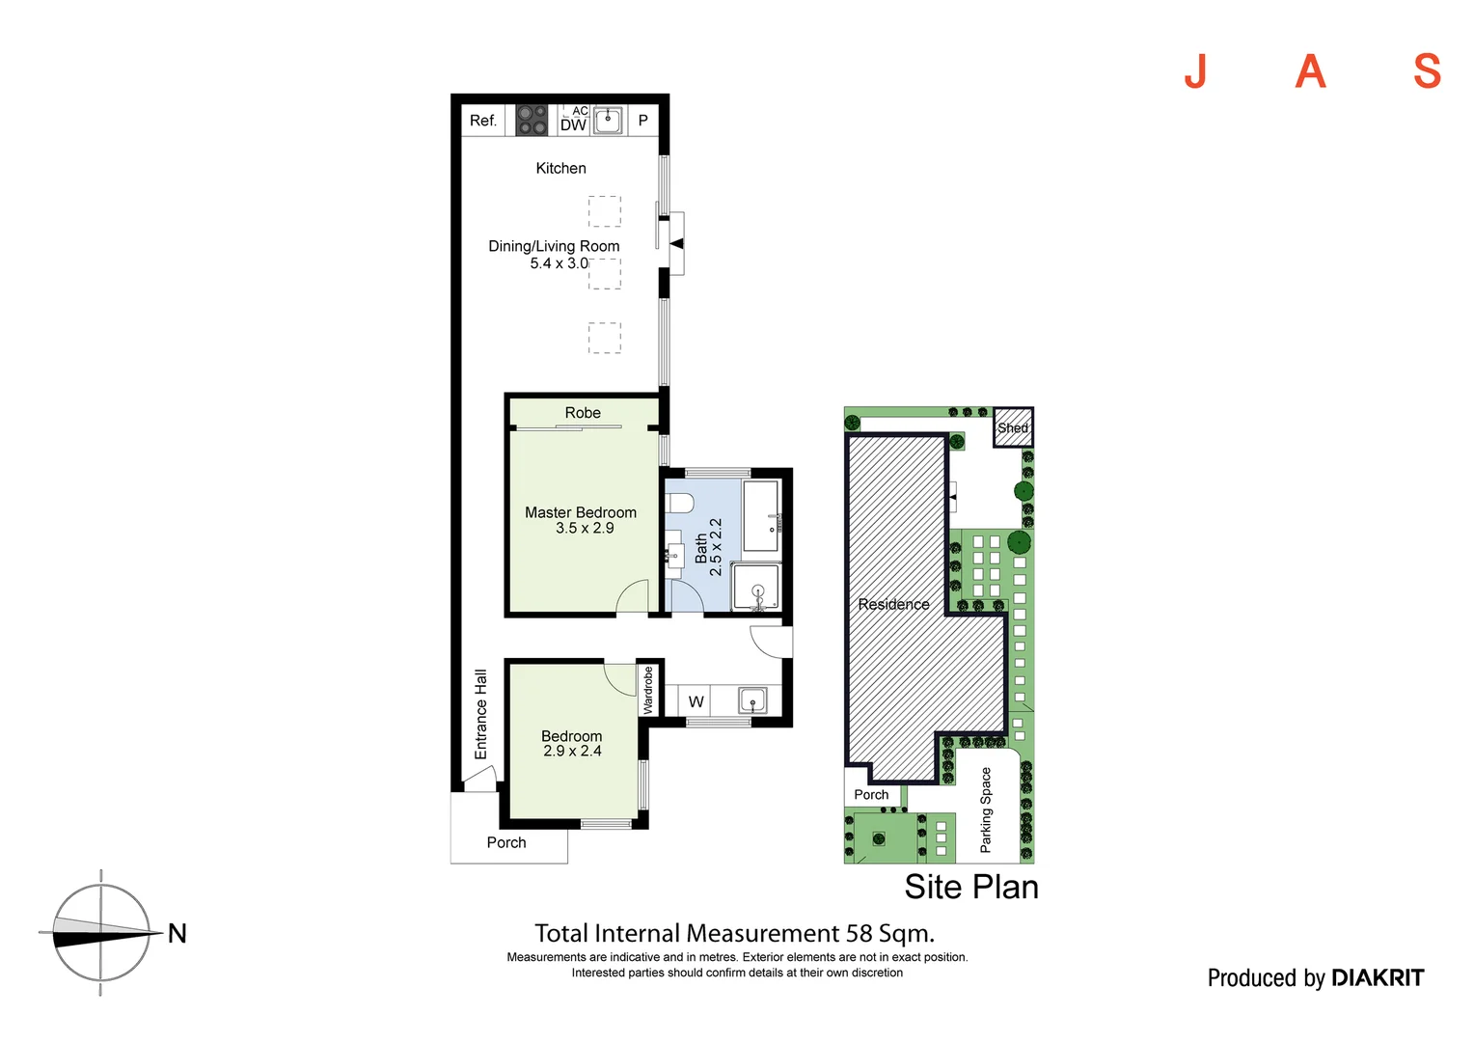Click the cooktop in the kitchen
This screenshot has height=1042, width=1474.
pyautogui.click(x=531, y=120)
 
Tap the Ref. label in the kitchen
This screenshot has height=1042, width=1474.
pyautogui.click(x=483, y=121)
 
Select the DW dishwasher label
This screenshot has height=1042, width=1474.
pyautogui.click(x=573, y=125)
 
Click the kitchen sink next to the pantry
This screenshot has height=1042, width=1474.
pyautogui.click(x=608, y=121)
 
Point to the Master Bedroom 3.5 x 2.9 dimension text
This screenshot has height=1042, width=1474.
pyautogui.click(x=585, y=528)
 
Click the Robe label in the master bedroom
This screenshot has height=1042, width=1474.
pyautogui.click(x=583, y=413)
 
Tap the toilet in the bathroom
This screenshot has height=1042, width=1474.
pyautogui.click(x=679, y=503)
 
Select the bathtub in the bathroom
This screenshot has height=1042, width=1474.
pyautogui.click(x=761, y=516)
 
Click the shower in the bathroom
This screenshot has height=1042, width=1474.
pyautogui.click(x=756, y=587)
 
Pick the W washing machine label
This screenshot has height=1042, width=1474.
pyautogui.click(x=696, y=701)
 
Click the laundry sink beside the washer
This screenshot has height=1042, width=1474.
pyautogui.click(x=752, y=700)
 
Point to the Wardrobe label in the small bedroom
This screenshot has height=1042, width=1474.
pyautogui.click(x=648, y=690)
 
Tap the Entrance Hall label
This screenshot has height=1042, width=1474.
pyautogui.click(x=481, y=714)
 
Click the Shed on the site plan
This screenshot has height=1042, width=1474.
pyautogui.click(x=1013, y=427)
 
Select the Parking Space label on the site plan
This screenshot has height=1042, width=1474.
pyautogui.click(x=985, y=809)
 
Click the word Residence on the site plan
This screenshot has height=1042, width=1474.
pyautogui.click(x=893, y=604)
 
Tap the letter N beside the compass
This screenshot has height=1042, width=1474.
pyautogui.click(x=177, y=933)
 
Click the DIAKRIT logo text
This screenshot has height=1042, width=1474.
pyautogui.click(x=1378, y=978)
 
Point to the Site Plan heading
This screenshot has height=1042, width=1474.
pyautogui.click(x=971, y=887)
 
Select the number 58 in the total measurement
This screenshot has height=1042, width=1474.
pyautogui.click(x=859, y=933)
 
